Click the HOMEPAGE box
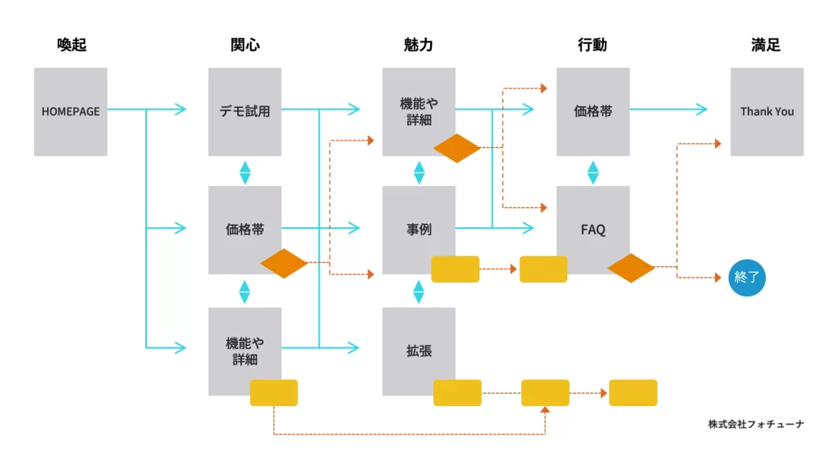pos(71,111)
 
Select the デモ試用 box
pos(244,111)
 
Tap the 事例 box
pos(419,230)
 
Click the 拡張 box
pos(419,351)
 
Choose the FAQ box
pos(592,230)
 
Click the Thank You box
pos(767,111)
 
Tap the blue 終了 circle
pos(746,278)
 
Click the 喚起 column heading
pos(71,45)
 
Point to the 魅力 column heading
pos(419,45)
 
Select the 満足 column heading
pos(766,45)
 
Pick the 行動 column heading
pos(592,45)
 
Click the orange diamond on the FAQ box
pos(631,268)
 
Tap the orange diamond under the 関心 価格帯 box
pos(284,264)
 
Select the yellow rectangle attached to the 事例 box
pos(455,269)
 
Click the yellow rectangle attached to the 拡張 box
pos(458,393)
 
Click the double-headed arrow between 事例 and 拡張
pos(419,291)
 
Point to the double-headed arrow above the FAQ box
pos(593,172)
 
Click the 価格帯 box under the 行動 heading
pos(592,111)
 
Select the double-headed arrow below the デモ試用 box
pos(244,172)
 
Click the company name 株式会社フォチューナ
pos(756,424)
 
